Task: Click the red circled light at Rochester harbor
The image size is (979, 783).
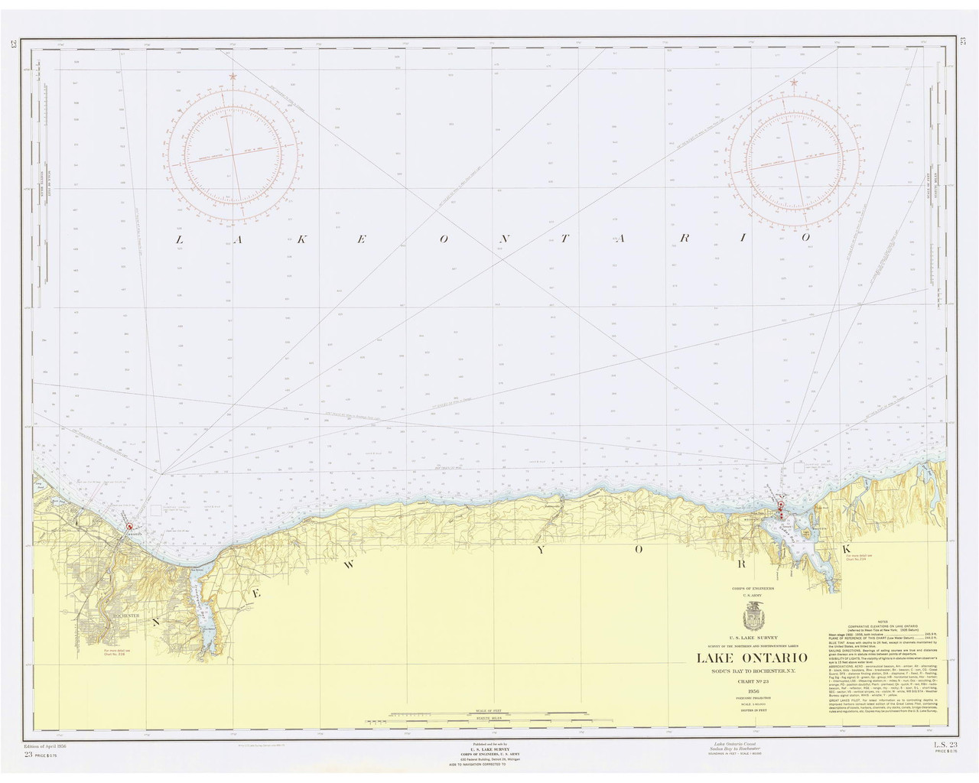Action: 130,526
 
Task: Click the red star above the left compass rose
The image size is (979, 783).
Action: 233,76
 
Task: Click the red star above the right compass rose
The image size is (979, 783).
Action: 794,82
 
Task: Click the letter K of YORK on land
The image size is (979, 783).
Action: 847,550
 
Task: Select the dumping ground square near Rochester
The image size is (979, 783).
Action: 156,508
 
